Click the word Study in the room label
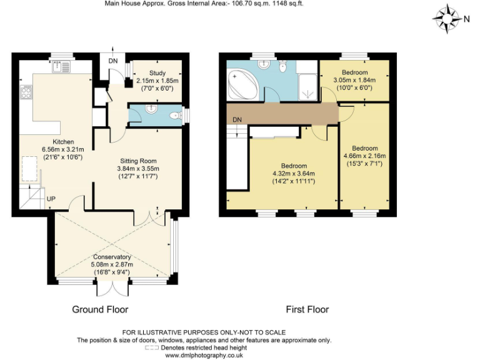point(157,73)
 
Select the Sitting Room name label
point(138,160)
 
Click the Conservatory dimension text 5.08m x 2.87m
point(112,264)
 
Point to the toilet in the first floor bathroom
point(282,67)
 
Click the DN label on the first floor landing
point(237,119)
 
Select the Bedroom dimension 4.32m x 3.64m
point(293,173)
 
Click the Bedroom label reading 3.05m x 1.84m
point(354,80)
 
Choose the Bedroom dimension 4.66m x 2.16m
point(364,156)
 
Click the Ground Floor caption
point(100,309)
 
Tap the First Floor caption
point(307,309)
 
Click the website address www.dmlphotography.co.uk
point(203,355)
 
